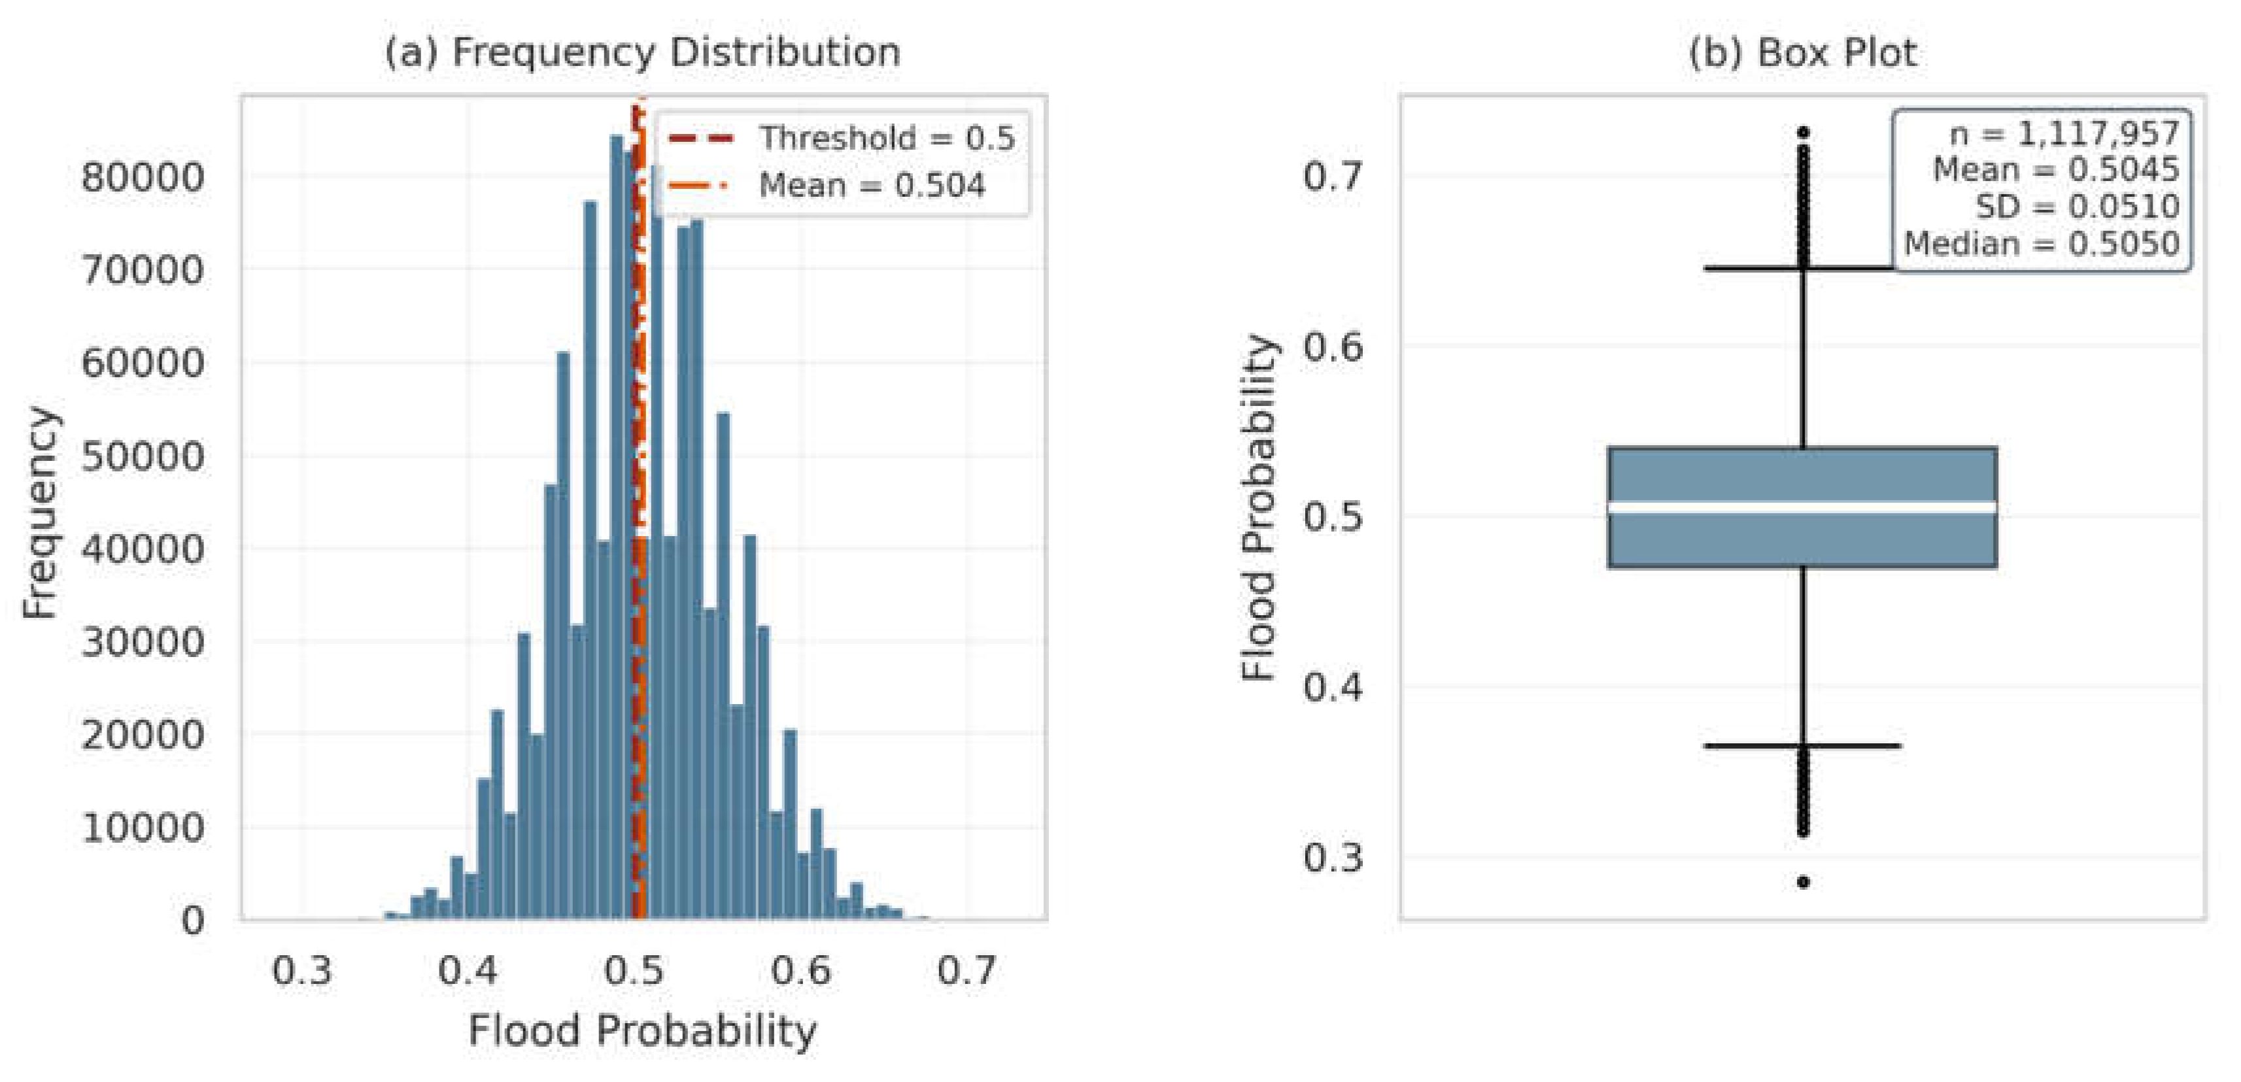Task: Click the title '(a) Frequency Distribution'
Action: (643, 52)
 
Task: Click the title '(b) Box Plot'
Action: (1802, 52)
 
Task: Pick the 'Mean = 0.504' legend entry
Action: (827, 185)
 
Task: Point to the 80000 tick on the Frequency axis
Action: (143, 177)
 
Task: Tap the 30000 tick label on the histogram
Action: (143, 643)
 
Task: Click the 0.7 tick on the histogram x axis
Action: (967, 970)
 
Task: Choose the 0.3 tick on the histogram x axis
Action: (302, 970)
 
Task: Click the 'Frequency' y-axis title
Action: (40, 513)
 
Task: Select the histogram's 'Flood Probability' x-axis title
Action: (643, 1032)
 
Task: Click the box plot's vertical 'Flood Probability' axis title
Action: (1259, 507)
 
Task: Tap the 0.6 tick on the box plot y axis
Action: (1333, 347)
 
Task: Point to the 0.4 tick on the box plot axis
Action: (1333, 687)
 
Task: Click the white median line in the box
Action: (1802, 507)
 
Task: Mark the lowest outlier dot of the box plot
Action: (1804, 882)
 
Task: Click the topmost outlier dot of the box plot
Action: (1804, 133)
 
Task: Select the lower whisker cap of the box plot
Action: (1802, 745)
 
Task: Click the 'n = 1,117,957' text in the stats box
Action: (2064, 134)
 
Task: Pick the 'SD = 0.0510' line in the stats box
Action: (2078, 207)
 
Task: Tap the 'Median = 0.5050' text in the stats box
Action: (2042, 245)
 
